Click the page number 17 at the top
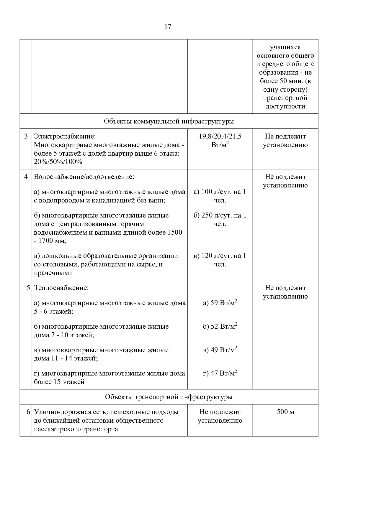coord(168,27)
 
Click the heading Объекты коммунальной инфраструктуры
coord(169,121)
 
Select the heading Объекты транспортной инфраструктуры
coord(169,397)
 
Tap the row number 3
coord(26,136)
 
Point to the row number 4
coord(26,177)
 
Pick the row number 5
coord(28,288)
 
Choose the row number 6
coord(28,412)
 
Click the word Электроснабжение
coord(65,136)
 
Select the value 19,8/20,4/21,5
coord(220,136)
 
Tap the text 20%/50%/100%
coord(58,162)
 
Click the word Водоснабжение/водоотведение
coord(84,177)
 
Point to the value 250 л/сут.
coord(217,215)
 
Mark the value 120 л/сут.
coord(217,256)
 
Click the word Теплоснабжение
coord(61,288)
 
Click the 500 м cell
coord(285,412)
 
